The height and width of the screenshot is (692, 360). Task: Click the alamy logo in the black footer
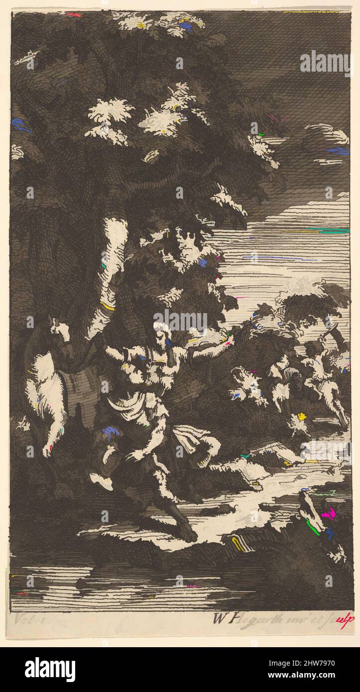50,670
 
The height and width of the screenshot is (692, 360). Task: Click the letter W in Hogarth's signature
218,619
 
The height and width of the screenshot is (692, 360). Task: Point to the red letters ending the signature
347,619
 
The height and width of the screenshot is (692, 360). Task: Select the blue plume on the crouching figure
110,433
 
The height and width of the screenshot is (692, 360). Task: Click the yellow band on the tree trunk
107,306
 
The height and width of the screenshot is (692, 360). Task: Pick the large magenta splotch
328,513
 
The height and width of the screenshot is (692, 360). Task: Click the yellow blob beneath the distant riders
302,416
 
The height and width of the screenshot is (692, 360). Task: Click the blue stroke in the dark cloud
338,150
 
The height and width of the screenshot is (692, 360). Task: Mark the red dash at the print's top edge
73,15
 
